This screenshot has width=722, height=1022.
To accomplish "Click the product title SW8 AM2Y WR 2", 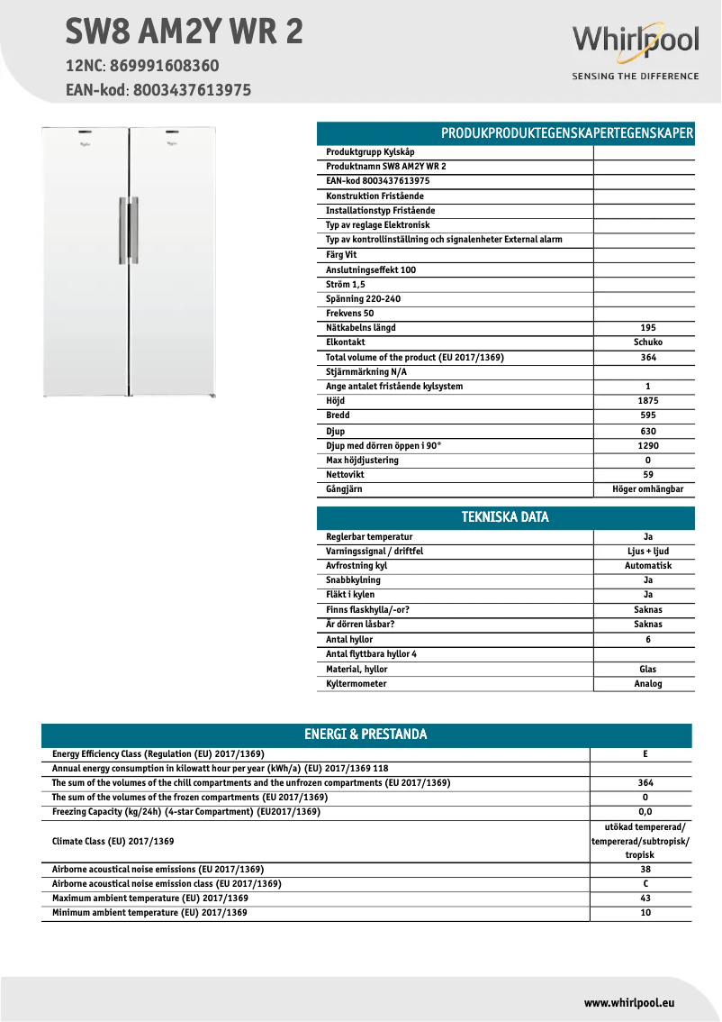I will [x=184, y=32].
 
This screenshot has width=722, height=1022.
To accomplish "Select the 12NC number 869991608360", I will [x=162, y=66].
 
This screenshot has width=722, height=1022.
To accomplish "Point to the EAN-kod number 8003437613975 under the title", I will [x=192, y=90].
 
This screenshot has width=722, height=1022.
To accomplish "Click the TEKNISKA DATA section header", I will [x=505, y=517].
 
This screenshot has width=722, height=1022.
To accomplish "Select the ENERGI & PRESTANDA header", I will [x=366, y=735].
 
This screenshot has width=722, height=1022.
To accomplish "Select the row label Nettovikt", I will [x=346, y=475].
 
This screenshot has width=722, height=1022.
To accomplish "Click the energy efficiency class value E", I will [x=645, y=754].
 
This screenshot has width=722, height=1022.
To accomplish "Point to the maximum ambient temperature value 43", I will [x=645, y=899].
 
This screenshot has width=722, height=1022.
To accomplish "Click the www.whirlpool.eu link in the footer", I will [x=629, y=1002].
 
